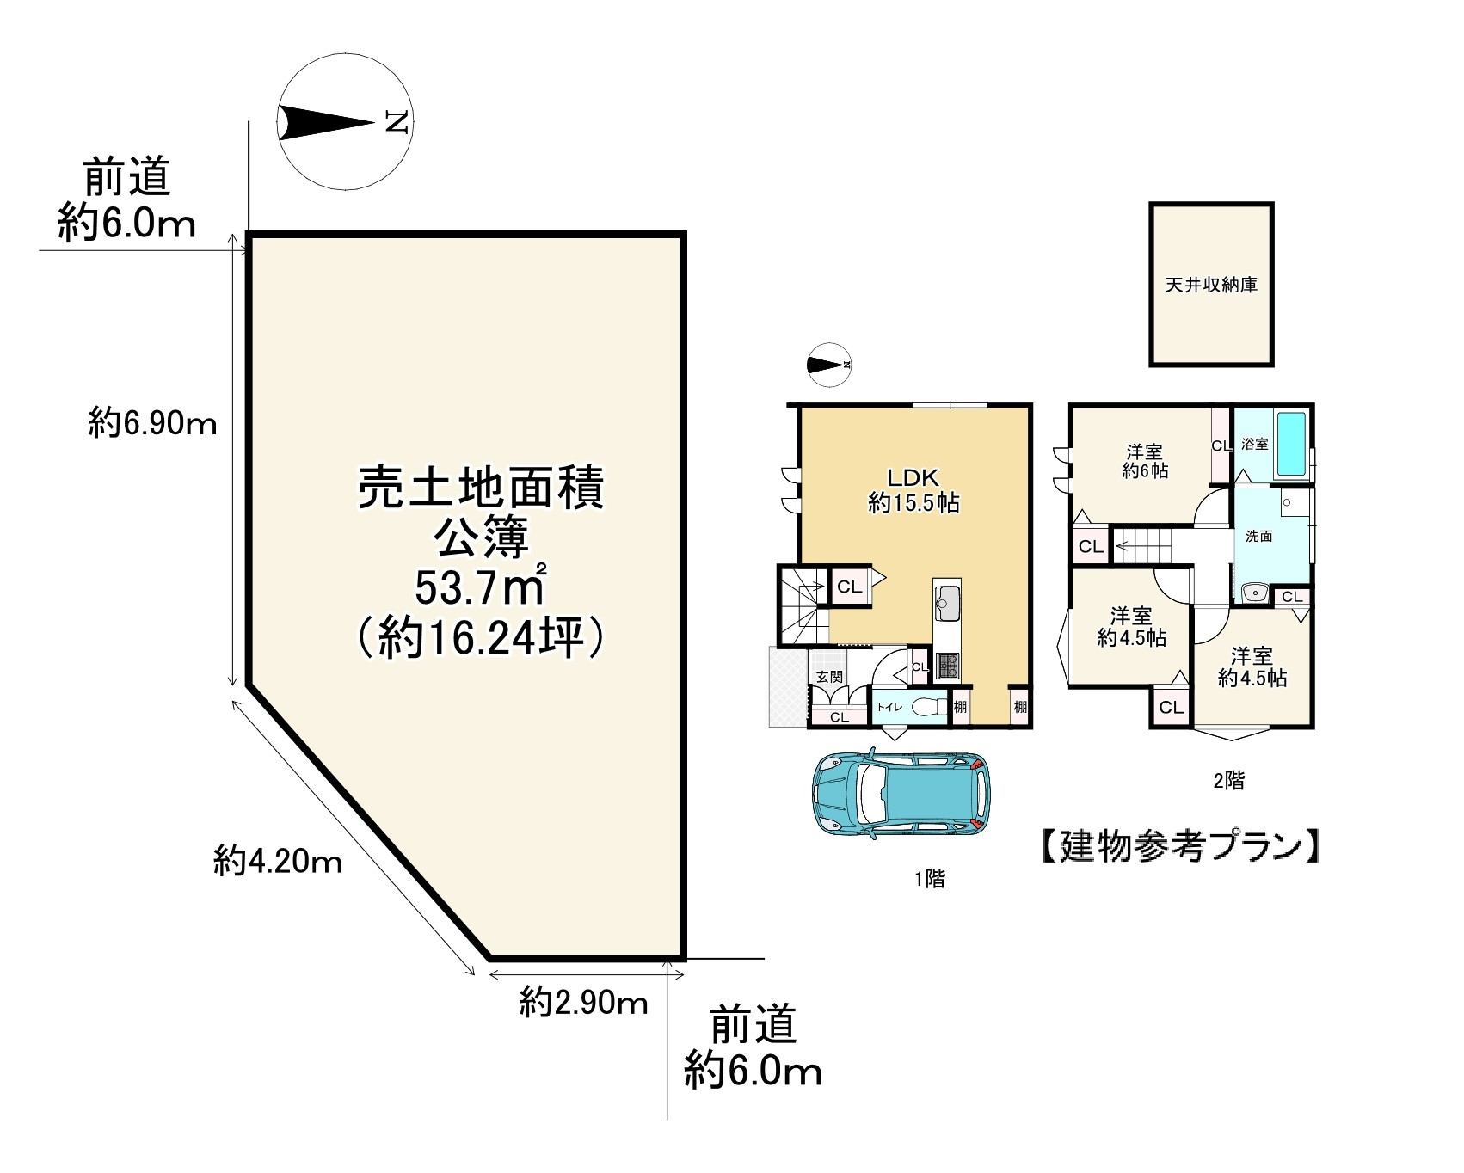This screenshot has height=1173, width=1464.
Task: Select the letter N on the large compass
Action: point(396,122)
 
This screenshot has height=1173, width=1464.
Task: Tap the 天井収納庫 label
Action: point(1211,285)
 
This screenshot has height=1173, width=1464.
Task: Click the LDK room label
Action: point(913,476)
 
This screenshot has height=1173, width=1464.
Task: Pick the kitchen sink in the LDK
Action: point(947,603)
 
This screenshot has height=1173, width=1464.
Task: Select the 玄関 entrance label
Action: point(829,677)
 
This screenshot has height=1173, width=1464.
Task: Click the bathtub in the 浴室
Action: point(1291,444)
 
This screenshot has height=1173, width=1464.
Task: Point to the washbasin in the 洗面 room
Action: point(1255,591)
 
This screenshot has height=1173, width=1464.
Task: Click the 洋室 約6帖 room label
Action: point(1145,461)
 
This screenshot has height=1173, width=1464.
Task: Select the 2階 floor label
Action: point(1229,781)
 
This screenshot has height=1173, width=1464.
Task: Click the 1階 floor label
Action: point(930,879)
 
